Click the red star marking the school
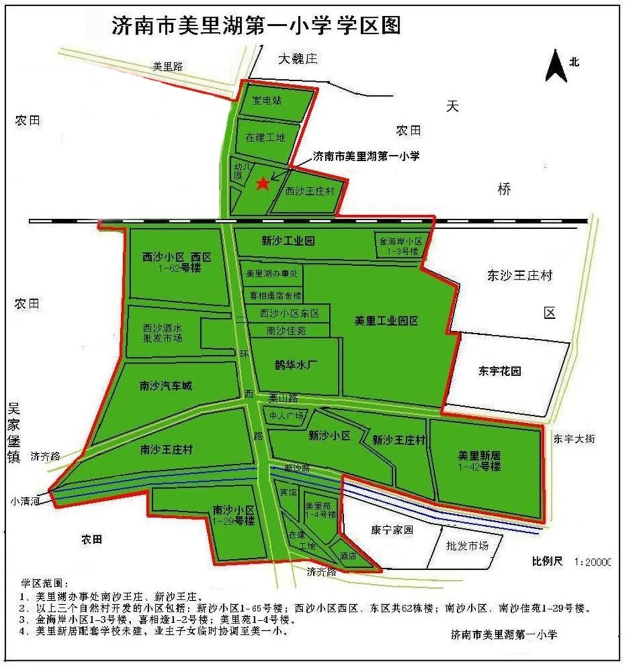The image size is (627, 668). [262, 183]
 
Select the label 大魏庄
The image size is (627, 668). [298, 59]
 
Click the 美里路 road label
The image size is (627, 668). [167, 67]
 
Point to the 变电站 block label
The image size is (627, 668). [267, 100]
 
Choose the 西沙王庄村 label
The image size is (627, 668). [310, 190]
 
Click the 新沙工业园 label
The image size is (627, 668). [288, 240]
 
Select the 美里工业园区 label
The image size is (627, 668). [387, 320]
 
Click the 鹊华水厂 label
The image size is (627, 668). [294, 366]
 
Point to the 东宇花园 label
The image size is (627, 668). [500, 371]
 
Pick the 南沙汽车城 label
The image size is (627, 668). [165, 386]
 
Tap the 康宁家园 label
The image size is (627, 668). [392, 530]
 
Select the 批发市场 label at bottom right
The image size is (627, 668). [467, 546]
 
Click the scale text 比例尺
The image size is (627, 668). [547, 561]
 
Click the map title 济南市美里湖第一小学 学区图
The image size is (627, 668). [255, 26]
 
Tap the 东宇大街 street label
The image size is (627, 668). [574, 439]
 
